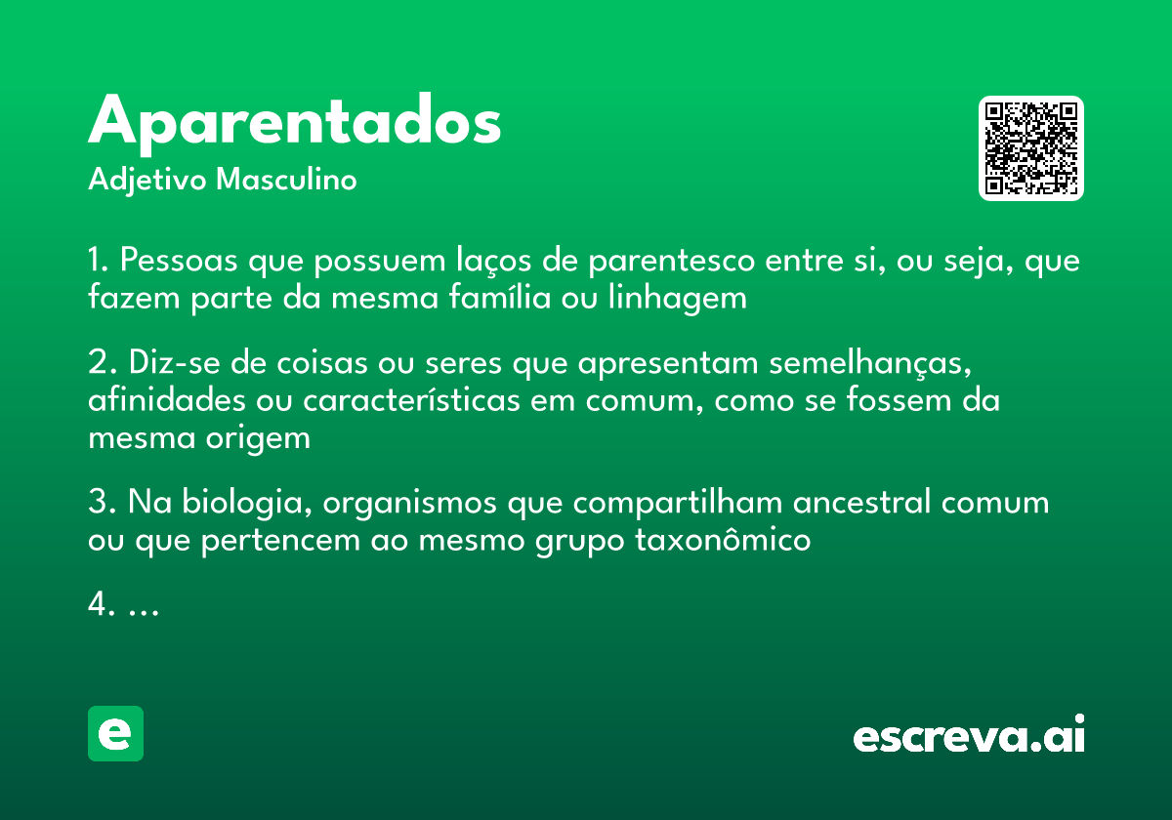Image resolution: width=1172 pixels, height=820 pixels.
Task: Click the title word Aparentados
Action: (x=295, y=121)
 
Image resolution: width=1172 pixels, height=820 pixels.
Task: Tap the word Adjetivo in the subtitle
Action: (x=147, y=181)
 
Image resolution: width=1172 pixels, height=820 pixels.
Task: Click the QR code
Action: (x=1031, y=148)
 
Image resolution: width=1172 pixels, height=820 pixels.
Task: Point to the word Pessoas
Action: (x=179, y=262)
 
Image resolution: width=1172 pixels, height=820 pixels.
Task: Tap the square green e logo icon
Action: (x=115, y=734)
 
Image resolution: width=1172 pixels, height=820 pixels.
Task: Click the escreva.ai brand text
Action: (x=969, y=736)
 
